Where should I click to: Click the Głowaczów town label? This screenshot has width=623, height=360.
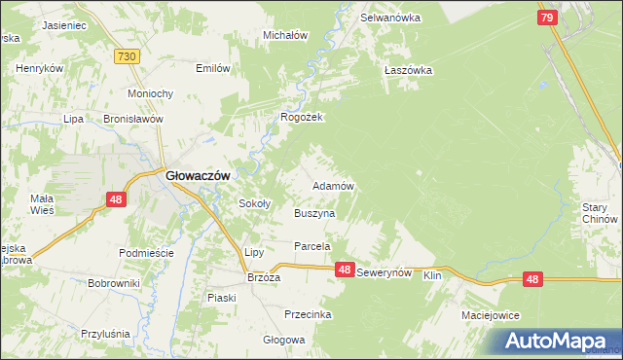(x=198, y=174)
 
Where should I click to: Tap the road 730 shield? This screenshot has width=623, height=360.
(x=125, y=57)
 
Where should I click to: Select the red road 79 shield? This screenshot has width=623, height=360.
(x=547, y=18)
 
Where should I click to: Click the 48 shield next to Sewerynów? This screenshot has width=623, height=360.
(x=344, y=270)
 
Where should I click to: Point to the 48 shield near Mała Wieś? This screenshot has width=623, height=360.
(x=116, y=199)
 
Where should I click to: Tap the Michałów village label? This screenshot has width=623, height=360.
(x=285, y=35)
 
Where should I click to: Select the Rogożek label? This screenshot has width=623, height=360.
(x=301, y=117)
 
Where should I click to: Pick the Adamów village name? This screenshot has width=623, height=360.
(x=332, y=185)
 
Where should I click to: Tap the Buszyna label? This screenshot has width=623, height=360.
(x=313, y=212)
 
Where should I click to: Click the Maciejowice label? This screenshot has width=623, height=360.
(x=491, y=316)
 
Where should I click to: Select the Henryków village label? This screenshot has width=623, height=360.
(x=40, y=69)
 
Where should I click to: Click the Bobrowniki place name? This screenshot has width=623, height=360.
(x=114, y=283)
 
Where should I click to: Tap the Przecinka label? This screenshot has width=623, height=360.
(x=308, y=314)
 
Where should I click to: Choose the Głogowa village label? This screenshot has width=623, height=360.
(x=284, y=341)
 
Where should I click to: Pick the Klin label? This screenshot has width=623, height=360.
(x=433, y=276)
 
